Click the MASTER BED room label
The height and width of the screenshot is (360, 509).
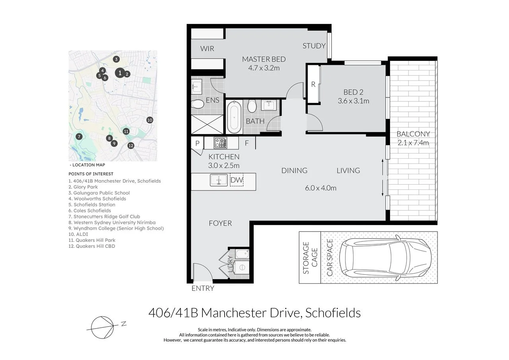click(264, 59)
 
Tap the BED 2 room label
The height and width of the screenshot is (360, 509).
click(354, 92)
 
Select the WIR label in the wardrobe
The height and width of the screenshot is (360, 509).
click(207, 49)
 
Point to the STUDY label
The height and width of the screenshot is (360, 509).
click(314, 46)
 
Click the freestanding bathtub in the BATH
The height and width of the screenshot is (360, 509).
click(234, 117)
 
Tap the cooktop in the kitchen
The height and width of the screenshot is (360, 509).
click(220, 143)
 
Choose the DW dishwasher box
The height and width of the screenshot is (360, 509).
click(237, 180)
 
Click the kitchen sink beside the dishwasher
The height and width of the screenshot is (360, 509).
click(219, 180)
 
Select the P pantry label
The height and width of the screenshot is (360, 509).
click(197, 143)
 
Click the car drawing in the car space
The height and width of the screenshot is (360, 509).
click(385, 258)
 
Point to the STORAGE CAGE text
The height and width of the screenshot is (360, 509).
click(310, 258)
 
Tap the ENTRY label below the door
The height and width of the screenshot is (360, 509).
click(203, 288)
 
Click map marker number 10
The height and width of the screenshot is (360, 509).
click(150, 120)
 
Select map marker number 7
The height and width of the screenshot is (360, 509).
click(79, 136)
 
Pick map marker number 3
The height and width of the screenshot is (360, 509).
click(116, 59)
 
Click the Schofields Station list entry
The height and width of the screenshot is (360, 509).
click(92, 204)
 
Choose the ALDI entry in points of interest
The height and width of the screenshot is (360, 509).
click(78, 234)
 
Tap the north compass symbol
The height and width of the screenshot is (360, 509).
click(102, 327)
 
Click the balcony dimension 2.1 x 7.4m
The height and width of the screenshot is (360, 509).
click(413, 143)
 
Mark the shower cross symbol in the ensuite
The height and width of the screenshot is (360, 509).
click(207, 125)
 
